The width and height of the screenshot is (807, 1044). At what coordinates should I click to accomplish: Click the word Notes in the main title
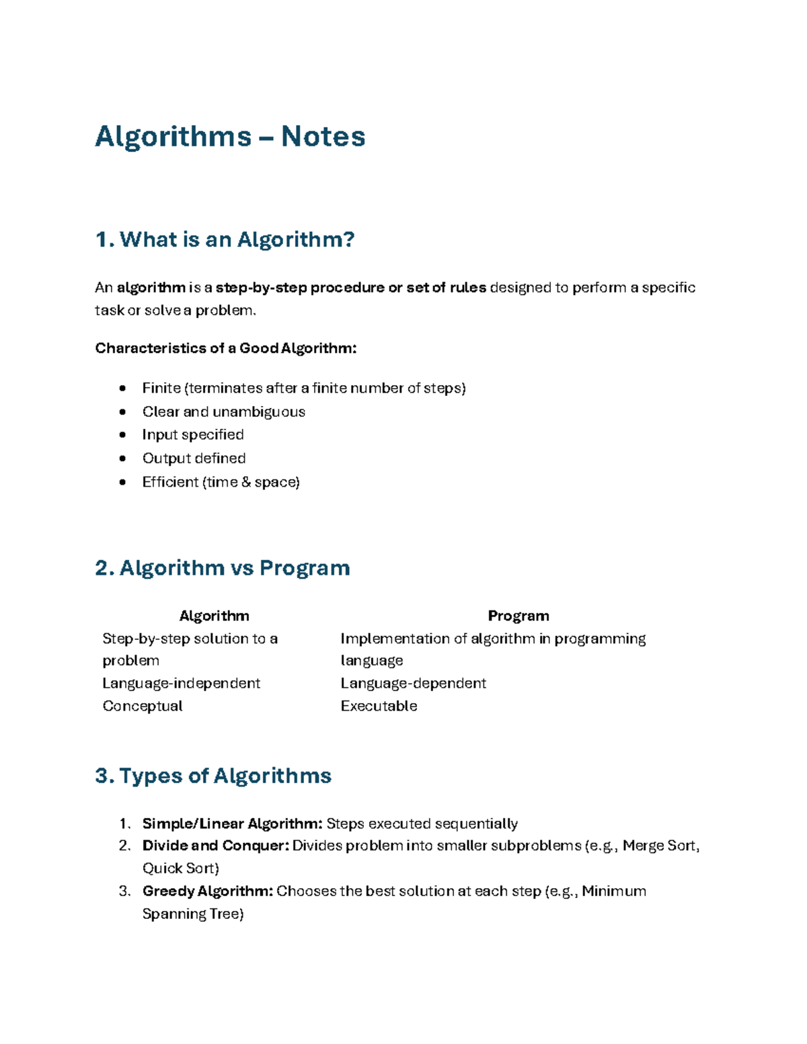[x=323, y=136]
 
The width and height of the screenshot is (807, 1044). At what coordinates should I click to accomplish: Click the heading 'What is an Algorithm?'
[x=237, y=239]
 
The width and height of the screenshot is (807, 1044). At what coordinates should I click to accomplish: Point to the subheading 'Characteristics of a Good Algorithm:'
[x=225, y=348]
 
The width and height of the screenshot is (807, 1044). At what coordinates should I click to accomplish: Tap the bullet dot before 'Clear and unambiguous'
[x=122, y=412]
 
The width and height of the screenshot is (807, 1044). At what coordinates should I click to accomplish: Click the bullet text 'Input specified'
[x=193, y=435]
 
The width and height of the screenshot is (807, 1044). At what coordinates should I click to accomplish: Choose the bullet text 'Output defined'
[x=194, y=458]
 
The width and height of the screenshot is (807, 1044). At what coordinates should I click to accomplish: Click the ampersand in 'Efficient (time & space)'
[x=246, y=482]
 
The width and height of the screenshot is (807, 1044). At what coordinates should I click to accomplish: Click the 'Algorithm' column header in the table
[x=214, y=616]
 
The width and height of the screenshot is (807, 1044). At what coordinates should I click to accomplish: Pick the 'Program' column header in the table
[x=518, y=616]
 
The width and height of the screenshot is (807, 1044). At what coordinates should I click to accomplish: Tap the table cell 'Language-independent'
[x=181, y=683]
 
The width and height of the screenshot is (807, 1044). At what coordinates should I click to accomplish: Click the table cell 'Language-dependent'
[x=413, y=683]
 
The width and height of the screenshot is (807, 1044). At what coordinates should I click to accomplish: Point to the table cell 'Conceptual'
[x=143, y=706]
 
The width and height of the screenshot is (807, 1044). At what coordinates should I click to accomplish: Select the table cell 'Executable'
[x=379, y=706]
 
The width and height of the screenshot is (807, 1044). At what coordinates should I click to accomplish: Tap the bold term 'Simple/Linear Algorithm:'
[x=233, y=824]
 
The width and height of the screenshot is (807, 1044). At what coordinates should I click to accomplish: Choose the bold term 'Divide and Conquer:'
[x=216, y=846]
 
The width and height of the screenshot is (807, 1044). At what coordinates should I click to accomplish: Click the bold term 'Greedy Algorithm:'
[x=208, y=891]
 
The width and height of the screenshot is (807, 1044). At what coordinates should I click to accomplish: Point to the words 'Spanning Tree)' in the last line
[x=193, y=914]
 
